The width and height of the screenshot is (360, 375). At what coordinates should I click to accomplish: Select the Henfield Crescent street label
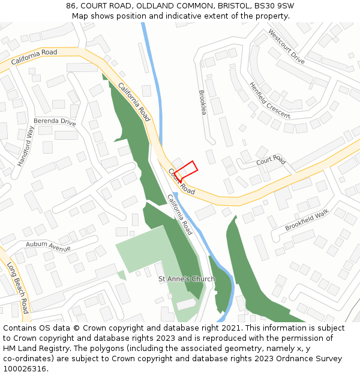click(269, 100)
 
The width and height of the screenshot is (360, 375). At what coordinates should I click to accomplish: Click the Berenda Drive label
click(55, 122)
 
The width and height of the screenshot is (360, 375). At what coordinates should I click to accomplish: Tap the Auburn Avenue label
click(48, 246)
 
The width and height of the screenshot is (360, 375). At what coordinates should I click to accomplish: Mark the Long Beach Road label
click(18, 287)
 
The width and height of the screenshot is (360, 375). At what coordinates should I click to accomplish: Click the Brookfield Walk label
click(307, 220)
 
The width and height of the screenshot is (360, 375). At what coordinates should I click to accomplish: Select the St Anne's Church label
click(187, 279)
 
